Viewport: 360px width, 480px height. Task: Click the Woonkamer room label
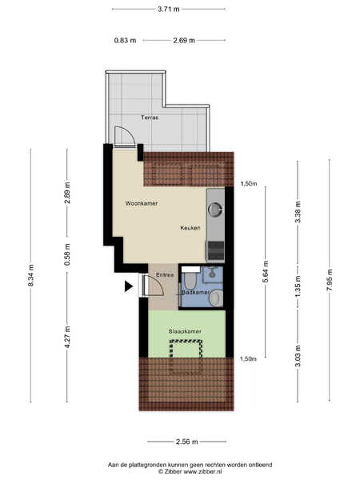click(x=142, y=203)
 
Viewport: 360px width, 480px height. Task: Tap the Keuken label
click(x=190, y=228)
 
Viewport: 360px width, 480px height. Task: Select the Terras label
click(x=150, y=118)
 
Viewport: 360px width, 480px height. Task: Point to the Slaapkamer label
click(x=185, y=331)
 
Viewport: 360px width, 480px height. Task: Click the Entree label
click(x=165, y=275)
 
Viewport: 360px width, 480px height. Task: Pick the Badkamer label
click(x=196, y=292)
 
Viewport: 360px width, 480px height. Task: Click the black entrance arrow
click(x=128, y=286)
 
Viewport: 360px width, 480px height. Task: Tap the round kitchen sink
click(x=215, y=210)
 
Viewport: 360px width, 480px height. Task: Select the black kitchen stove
click(x=215, y=251)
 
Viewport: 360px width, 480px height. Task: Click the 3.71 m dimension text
click(x=169, y=9)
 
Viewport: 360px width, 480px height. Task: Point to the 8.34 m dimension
click(x=31, y=275)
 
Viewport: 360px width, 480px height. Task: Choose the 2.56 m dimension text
click(x=186, y=442)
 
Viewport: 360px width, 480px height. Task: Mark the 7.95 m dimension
click(x=329, y=281)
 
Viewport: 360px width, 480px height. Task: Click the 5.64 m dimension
click(x=266, y=272)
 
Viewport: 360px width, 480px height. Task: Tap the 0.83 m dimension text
click(x=125, y=40)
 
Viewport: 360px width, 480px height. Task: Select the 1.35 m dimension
click(x=298, y=286)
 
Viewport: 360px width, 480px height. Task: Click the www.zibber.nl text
click(x=203, y=472)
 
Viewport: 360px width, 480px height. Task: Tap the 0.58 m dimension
click(x=67, y=254)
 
